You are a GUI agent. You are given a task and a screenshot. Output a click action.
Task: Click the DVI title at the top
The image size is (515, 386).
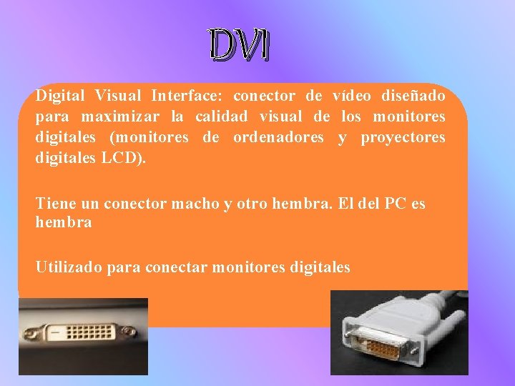click(x=240, y=46)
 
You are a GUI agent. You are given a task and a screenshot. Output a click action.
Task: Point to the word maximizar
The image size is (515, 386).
click(x=120, y=117)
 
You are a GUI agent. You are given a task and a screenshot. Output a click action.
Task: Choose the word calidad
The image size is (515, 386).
click(x=222, y=117)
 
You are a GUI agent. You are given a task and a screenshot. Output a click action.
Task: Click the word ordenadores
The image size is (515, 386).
click(x=278, y=137)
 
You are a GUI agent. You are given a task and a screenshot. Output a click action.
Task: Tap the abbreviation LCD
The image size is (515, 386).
click(x=124, y=158)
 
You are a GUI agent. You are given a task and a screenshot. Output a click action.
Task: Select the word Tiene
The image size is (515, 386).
click(x=53, y=204)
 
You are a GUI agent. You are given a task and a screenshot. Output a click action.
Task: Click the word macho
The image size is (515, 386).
click(x=197, y=204)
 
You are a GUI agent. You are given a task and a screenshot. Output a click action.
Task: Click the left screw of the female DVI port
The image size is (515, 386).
click(x=32, y=333)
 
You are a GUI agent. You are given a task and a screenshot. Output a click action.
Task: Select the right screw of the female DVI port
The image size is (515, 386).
click(x=129, y=332)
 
